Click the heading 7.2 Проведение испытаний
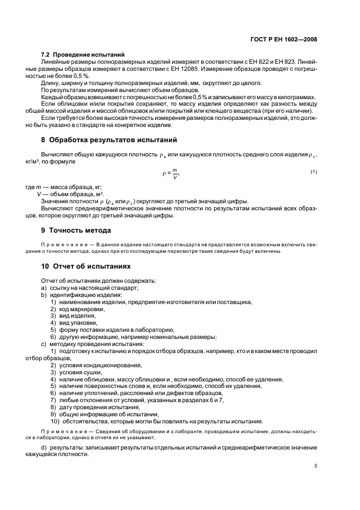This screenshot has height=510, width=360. click(x=83, y=54)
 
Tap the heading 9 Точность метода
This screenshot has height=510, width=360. click(x=76, y=230)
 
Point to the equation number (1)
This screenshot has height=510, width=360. click(x=314, y=172)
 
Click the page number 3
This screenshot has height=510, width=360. click(x=315, y=465)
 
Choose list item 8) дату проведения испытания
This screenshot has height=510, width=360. click(x=95, y=407)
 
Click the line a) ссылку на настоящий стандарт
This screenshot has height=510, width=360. click(x=89, y=288)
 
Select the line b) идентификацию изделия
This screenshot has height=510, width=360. click(x=82, y=295)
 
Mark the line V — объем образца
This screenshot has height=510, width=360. click(x=71, y=194)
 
